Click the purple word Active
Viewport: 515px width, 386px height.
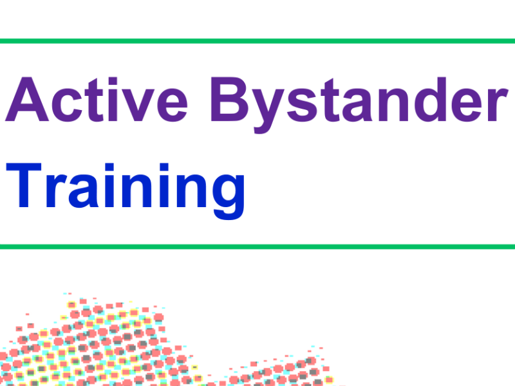[97, 101]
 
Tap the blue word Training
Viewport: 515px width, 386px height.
[129, 187]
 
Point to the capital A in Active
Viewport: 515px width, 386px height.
[27, 101]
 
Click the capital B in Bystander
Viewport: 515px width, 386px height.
[231, 101]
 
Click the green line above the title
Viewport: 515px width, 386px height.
[257, 42]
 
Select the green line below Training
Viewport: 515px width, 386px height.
[257, 246]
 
